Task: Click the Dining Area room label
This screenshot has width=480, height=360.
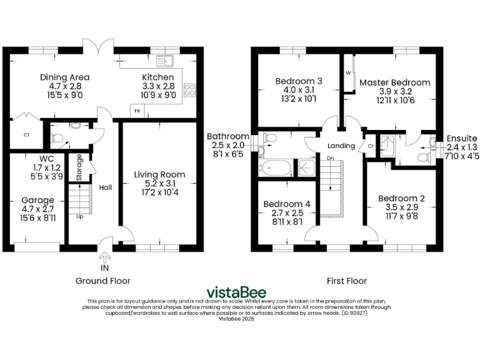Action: (61, 77)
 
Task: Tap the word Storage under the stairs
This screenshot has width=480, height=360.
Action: (79, 167)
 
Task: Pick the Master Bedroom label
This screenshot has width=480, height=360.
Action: (394, 82)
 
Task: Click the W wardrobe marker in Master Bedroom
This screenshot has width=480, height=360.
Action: (348, 72)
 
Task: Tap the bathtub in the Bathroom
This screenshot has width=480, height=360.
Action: (275, 167)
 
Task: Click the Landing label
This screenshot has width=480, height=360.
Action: (341, 146)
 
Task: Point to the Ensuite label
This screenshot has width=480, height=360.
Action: (462, 138)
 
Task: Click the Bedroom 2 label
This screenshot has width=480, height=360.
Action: (401, 199)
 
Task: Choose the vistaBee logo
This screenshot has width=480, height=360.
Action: (236, 292)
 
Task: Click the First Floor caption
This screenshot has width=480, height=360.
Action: (347, 281)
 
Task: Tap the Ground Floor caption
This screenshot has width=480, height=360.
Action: (103, 281)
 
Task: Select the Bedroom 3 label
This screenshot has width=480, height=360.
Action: (299, 81)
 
